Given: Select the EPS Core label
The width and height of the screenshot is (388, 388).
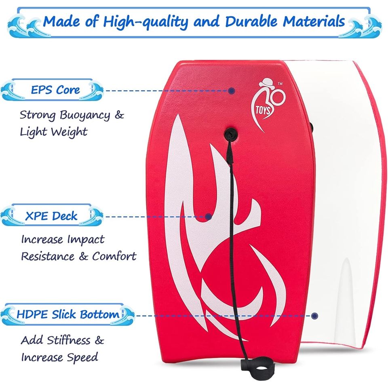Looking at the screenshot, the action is coord(55,90).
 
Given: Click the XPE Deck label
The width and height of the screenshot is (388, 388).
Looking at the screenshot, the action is coord(51,216).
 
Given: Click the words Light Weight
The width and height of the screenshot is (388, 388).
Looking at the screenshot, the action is coord(53,132).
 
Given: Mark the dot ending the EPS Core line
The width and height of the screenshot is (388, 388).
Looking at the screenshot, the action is coord(231,91).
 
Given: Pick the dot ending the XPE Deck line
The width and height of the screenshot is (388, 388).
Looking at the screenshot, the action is coord(209,217).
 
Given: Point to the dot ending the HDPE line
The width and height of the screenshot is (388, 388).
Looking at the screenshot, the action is coord(315,316).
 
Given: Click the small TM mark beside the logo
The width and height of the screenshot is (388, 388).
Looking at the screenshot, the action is coord(280,83).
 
